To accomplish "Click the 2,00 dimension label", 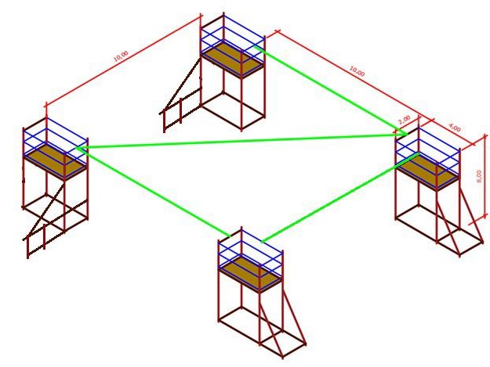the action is [x=405, y=120].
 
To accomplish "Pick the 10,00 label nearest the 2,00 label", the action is [x=357, y=72].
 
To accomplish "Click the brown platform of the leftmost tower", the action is [x=54, y=159].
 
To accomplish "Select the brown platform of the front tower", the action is [x=250, y=272].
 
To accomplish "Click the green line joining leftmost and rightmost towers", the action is [x=235, y=140].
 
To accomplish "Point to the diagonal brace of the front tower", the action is [x=282, y=321].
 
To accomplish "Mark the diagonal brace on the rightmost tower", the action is [x=463, y=219].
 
